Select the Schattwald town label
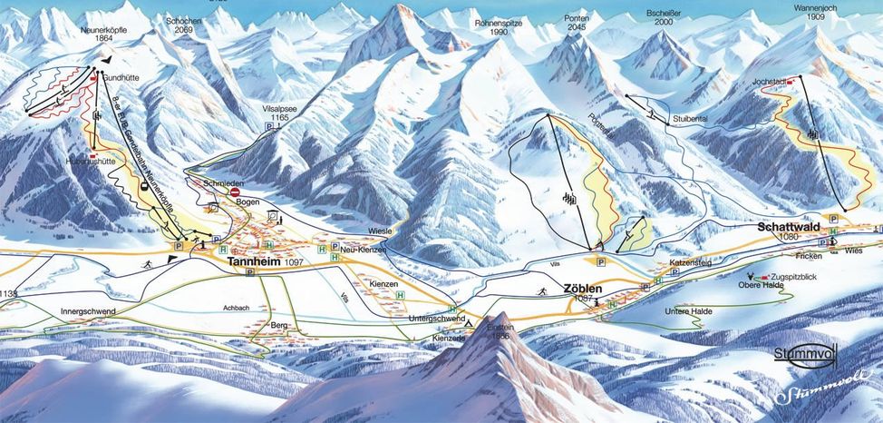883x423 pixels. [788, 229]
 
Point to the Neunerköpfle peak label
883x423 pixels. [103, 31]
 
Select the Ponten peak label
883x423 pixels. [575, 17]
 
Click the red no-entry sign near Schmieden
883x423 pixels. [235, 192]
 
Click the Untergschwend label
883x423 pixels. [436, 320]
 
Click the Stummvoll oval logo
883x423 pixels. [804, 355]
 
